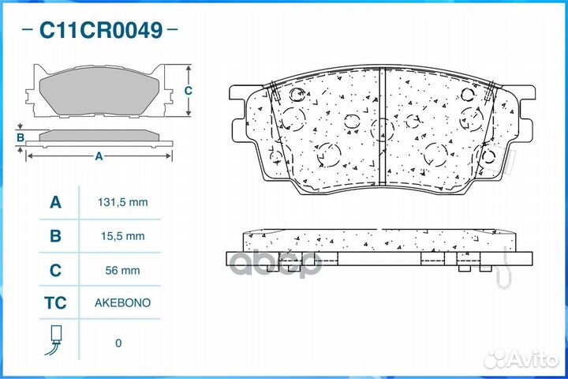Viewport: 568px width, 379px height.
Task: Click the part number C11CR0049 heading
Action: point(101,30)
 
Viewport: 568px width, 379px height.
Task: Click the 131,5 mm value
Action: point(123,202)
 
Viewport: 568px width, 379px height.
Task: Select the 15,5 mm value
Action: point(123,236)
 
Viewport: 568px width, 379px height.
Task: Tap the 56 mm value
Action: point(122,270)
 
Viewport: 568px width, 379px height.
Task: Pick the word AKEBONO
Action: point(122,303)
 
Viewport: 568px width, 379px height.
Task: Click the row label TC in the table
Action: point(55,303)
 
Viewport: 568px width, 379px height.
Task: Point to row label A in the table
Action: point(55,202)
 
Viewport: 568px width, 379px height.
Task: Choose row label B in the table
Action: point(55,236)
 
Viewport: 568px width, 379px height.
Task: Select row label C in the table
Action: point(55,270)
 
